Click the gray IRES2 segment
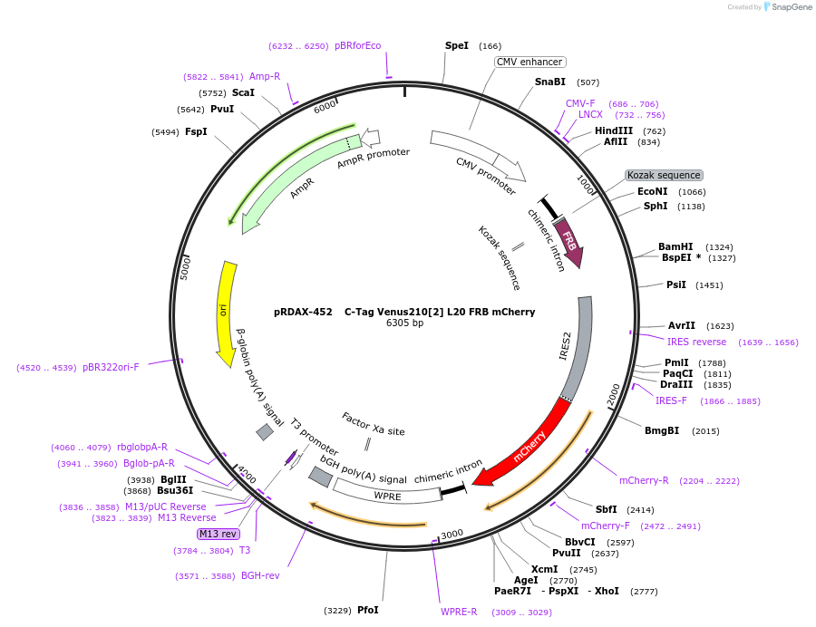[581, 344]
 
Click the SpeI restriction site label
[457, 45]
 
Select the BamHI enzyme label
[675, 246]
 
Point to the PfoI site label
[367, 610]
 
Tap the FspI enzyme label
[196, 131]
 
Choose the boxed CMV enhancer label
[530, 62]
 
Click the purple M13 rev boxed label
[218, 534]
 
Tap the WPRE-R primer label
[459, 612]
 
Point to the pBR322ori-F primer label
[111, 367]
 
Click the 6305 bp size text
[404, 323]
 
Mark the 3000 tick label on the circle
[452, 534]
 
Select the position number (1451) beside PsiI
[709, 285]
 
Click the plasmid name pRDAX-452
[304, 312]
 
